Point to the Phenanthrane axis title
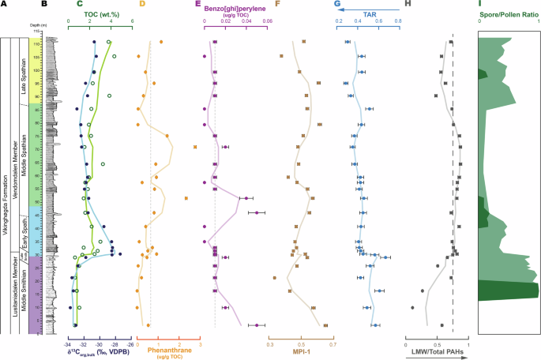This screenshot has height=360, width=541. point(167,351)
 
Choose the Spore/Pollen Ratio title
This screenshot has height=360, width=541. point(509,13)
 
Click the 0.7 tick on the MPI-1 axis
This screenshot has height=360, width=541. point(332,344)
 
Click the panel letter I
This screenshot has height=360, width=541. point(483,5)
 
